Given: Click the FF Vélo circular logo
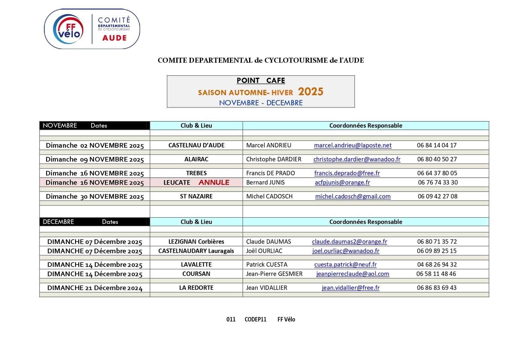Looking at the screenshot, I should coord(68,29).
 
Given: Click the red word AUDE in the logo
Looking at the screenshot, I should coord(115,38).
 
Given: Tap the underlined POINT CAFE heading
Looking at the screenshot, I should coord(261,81).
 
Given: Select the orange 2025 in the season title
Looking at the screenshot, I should coord(310,92).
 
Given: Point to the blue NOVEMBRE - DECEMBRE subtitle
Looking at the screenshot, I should coord(261,103).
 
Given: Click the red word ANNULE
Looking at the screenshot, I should coord(214,182).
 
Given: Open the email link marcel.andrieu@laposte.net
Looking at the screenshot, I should coord(352,145).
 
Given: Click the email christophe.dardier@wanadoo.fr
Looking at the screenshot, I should coord(357,159).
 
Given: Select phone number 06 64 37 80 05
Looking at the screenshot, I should coord(437,173).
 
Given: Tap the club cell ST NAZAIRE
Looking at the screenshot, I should coord(196,196).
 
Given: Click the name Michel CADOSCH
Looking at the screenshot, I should coord(269,196).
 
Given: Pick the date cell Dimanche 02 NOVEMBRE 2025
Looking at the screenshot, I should coord(95,145).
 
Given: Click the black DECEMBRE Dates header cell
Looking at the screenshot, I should coord(94,222).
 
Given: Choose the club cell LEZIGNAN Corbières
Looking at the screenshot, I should coord(196,242).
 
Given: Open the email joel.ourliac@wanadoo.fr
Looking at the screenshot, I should coord(346,251).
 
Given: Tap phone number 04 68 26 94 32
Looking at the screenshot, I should coord(437,265).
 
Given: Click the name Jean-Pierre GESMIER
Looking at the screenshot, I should coord(274,274).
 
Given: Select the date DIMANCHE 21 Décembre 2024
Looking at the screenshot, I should coord(95,288).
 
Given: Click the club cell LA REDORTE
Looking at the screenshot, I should coord(196,288).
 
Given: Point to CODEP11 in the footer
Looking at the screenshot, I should coord(255,319).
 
